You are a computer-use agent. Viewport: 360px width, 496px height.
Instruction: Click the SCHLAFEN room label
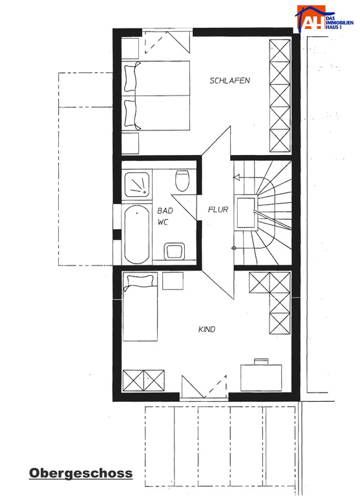(x=229, y=80)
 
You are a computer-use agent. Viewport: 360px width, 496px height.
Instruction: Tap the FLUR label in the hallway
(x=218, y=209)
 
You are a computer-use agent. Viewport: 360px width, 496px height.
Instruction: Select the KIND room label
(x=207, y=329)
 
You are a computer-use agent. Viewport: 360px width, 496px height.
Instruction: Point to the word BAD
(x=165, y=211)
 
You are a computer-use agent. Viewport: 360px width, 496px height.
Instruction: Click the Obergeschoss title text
(x=81, y=473)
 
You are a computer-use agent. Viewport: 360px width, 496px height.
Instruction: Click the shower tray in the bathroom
(x=137, y=185)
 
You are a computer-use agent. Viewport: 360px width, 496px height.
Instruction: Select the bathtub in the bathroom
(x=137, y=234)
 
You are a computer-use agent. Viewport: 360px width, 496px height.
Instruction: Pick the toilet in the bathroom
(x=182, y=181)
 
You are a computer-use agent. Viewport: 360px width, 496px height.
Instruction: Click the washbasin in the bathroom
(x=174, y=251)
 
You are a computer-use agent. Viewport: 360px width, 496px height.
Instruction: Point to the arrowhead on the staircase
(x=237, y=178)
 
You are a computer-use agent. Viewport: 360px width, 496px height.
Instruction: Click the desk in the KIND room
(x=261, y=378)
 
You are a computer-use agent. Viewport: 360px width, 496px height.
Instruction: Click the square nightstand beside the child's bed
(x=173, y=280)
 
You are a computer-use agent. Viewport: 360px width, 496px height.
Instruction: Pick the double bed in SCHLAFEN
(x=156, y=96)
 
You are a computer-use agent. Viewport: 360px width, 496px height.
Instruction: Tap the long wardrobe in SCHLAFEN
(x=280, y=96)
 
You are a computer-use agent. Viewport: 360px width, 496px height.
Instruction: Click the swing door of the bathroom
(x=185, y=207)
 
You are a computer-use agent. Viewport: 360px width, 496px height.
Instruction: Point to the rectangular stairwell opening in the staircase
(x=246, y=212)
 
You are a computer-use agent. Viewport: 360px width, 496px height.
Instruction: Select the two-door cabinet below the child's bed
(x=143, y=380)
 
